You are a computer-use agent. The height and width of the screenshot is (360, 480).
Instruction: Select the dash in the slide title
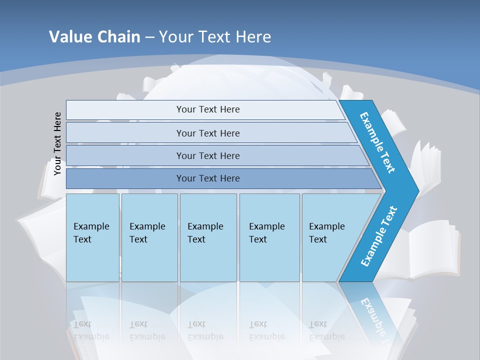[149, 37]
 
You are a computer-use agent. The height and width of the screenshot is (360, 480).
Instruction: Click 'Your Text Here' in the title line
[215, 36]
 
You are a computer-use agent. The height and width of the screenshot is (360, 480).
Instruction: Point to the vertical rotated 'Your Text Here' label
[57, 143]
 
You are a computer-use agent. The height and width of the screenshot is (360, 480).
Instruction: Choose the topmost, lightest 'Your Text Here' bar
[207, 109]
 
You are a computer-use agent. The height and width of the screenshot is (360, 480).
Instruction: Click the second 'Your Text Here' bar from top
[207, 133]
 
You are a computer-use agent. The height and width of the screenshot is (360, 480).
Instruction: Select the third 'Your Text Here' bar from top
[207, 155]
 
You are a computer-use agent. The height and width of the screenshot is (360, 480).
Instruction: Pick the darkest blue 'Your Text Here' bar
[207, 178]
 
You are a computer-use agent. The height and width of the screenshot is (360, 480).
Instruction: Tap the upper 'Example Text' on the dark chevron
[377, 142]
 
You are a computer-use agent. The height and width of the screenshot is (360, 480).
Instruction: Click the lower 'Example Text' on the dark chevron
[379, 236]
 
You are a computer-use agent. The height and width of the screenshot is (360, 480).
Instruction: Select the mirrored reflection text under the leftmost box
[91, 330]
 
